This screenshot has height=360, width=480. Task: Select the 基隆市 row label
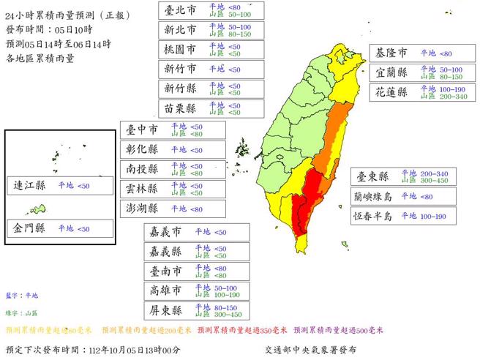392,53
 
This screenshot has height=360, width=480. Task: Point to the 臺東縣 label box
372,176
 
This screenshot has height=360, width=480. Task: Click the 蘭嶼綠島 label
372,196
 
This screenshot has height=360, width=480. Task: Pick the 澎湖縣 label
143,209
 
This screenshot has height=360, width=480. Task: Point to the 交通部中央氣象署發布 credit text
310,350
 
